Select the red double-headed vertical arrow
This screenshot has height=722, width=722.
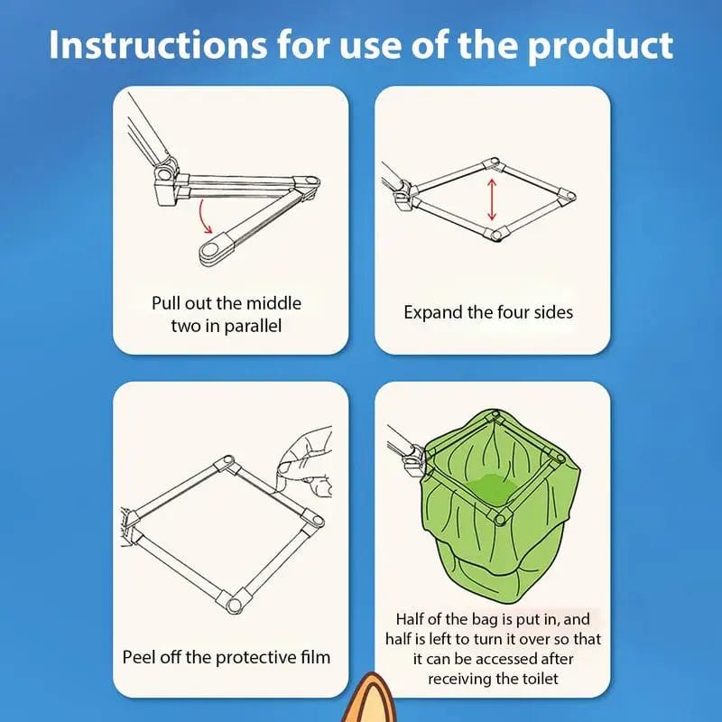pos(492,199)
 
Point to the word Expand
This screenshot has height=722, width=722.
pos(431,313)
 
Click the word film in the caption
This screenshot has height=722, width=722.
pos(311,656)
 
